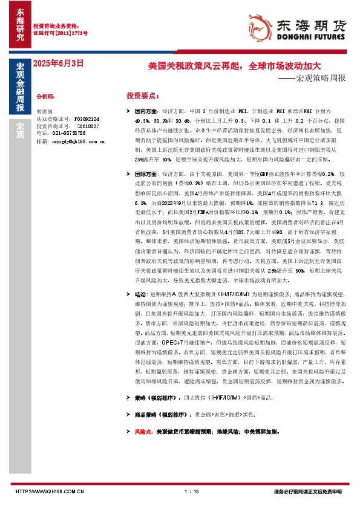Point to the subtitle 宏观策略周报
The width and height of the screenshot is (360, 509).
pos(320,78)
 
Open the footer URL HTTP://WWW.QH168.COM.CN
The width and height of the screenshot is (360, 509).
pos(49,491)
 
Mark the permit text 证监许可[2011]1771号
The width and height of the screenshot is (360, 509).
pos(60,33)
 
